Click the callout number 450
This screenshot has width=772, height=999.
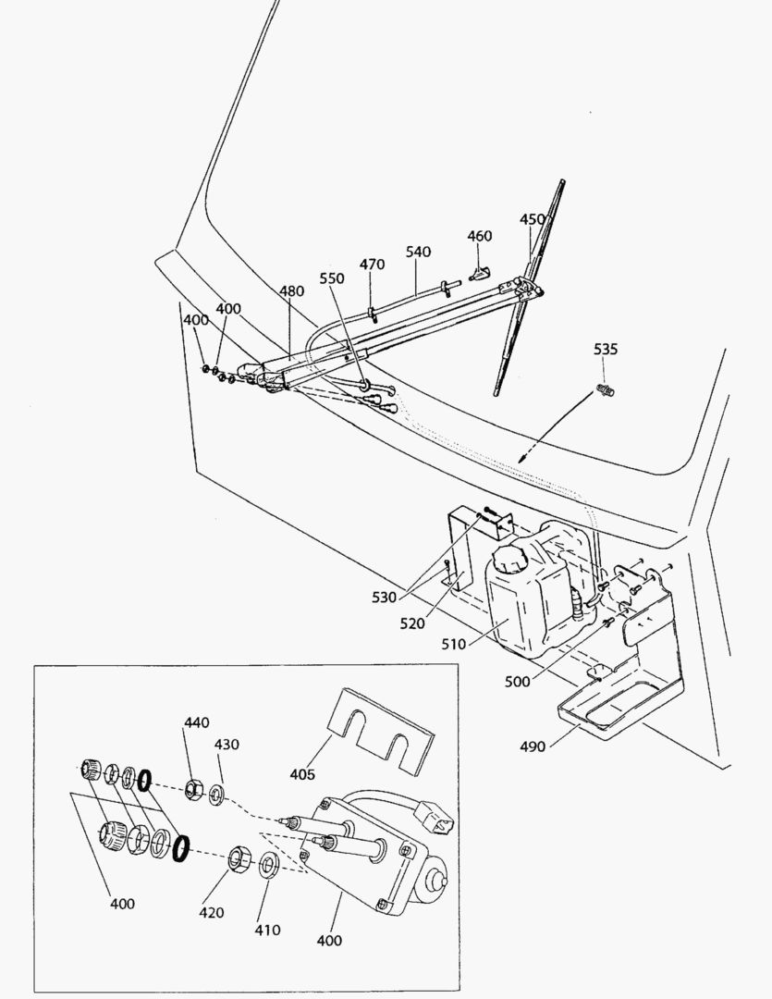coord(533,219)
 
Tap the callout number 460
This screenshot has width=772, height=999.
coord(479,236)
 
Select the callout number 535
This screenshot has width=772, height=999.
coord(606,350)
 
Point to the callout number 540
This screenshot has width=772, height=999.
coord(418,252)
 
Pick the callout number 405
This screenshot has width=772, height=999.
coord(301,773)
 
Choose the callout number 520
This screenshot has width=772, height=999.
coord(412,623)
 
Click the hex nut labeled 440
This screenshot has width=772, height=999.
coord(194,789)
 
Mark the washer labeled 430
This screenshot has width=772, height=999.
coord(216,793)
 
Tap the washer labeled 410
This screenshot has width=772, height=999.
coord(269,866)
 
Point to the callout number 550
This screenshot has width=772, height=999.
coord(331,277)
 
